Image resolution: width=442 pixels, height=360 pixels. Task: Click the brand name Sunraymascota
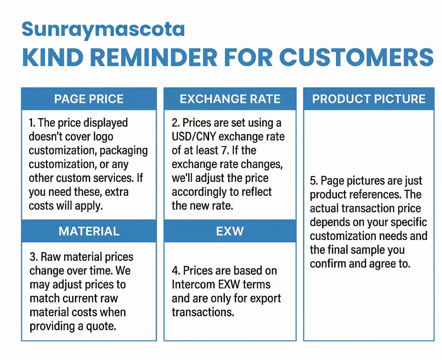[x=103, y=30]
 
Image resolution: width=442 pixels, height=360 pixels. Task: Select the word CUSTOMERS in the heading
[x=356, y=57]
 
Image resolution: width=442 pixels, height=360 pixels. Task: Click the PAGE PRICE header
[x=89, y=99]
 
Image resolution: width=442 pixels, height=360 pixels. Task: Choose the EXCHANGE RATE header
[x=230, y=99]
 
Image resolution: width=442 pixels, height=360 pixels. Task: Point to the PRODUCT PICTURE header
[x=369, y=99]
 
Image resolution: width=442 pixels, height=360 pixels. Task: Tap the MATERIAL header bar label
[x=89, y=231]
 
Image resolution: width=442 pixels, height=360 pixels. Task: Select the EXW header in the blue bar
[x=230, y=231]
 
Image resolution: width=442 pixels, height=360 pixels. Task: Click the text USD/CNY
[x=194, y=137]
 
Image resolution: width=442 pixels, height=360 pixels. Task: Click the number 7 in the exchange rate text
[x=224, y=150]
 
